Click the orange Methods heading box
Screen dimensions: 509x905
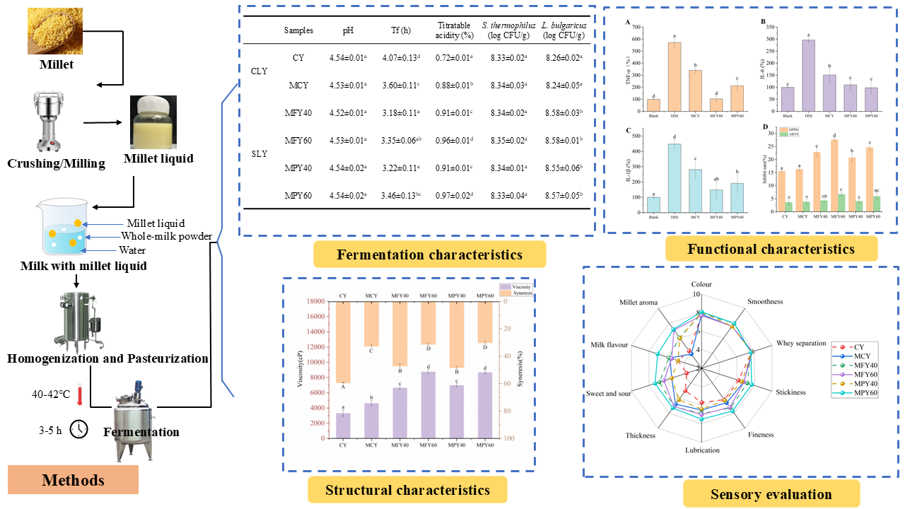73,480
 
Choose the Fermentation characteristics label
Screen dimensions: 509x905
429,255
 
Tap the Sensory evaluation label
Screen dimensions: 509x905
771,494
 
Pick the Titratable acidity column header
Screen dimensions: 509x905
450,30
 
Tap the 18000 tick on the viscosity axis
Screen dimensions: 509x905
316,301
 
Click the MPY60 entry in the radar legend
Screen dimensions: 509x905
864,392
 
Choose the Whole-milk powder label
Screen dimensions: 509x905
166,236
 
